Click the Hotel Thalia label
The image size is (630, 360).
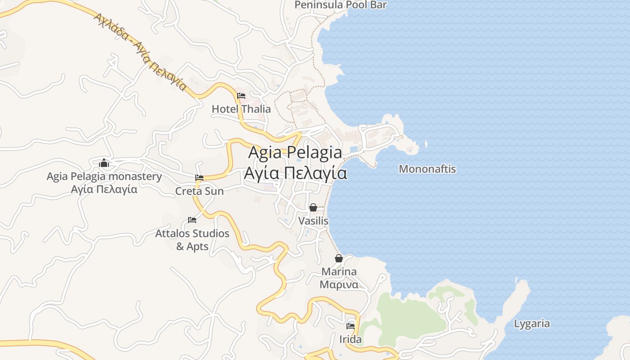241,109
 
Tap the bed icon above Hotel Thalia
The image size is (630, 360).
241,96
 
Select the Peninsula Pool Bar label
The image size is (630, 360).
341,5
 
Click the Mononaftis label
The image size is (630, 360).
427,169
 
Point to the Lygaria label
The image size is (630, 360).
532,324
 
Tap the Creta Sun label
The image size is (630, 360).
199,191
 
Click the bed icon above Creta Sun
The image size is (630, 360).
199,178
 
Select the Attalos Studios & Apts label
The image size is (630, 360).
192,240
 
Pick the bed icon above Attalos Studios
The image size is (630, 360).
192,220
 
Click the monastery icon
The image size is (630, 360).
104,163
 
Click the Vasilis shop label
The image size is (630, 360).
313,221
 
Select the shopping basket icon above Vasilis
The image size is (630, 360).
313,207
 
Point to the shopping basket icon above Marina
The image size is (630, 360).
339,258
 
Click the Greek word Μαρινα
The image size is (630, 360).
339,284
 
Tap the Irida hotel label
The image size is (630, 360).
351,339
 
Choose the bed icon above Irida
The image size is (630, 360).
351,326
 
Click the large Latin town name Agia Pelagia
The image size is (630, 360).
295,152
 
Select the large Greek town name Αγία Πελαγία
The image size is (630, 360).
295,173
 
